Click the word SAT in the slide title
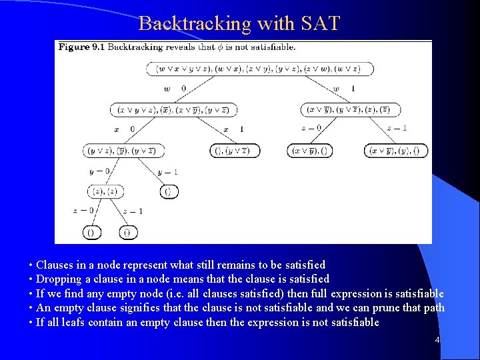coord(319,24)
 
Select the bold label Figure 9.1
coord(81,47)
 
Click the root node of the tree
coord(259,69)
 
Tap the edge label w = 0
coord(175,89)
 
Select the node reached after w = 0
coord(173,109)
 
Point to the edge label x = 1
coord(234,129)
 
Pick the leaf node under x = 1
coord(235,151)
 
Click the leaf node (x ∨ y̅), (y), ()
coord(396,151)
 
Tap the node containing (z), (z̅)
coord(104,192)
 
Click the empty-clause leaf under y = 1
coord(169,192)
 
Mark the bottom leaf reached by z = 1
coord(128,233)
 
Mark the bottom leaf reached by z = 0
coord(92,233)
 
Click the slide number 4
coord(437,341)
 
